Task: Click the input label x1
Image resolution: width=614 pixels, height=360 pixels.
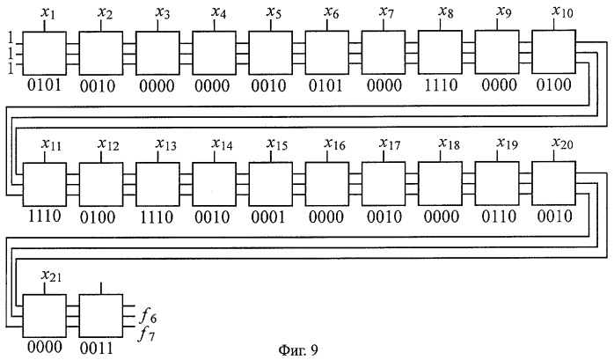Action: pos(48,14)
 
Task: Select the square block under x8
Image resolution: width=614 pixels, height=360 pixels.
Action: pos(440,53)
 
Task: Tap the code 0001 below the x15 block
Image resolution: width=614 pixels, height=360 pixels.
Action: pos(268,217)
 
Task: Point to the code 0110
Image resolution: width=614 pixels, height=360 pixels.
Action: pos(499,217)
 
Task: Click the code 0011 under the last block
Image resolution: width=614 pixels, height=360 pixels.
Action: pos(97,349)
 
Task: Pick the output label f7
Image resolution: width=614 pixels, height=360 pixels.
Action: pos(147,334)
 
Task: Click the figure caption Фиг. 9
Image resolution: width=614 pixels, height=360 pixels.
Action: pos(298,349)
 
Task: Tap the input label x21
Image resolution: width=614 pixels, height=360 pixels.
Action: pos(51,276)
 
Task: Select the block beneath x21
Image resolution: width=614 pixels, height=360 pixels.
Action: pos(44,316)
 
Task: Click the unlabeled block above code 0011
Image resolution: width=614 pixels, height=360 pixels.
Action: pos(101,316)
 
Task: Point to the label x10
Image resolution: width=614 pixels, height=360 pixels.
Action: pos(562,11)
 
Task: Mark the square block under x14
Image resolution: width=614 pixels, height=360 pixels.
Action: pos(214,184)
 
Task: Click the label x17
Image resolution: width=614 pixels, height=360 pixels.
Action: pos(390,143)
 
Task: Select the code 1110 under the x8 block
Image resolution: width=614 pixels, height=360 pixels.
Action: pos(442,85)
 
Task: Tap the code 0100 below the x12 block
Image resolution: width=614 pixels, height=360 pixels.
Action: pos(97,217)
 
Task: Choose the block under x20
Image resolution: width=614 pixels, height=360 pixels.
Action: pos(553,183)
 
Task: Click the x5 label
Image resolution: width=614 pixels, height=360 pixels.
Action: pos(274,12)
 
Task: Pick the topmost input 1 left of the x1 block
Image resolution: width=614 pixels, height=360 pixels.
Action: pos(11,39)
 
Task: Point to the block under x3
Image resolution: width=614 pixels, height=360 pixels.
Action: pos(157,53)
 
